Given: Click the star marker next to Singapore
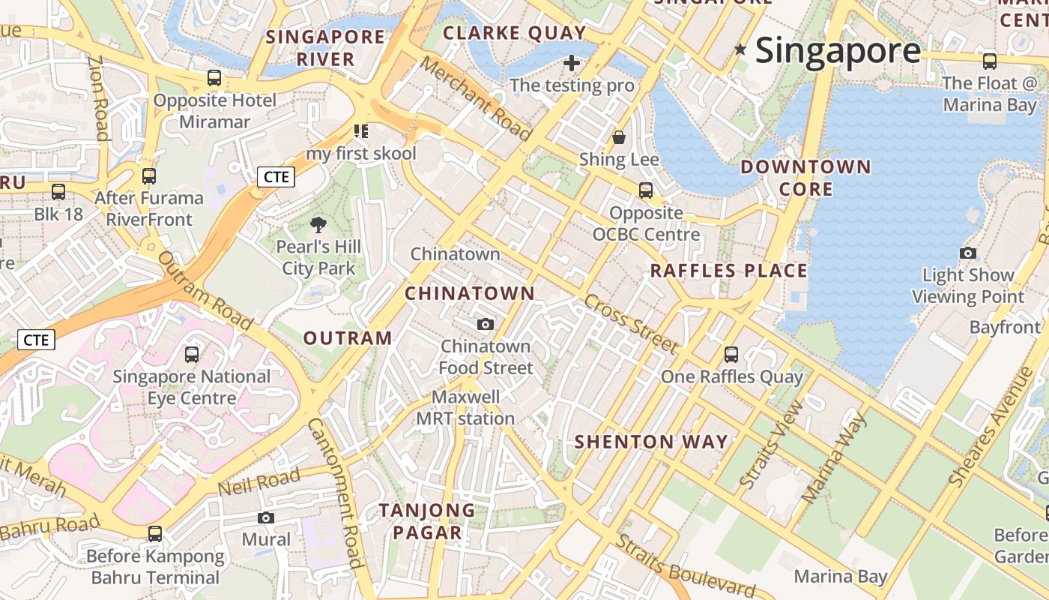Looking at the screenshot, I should pyautogui.click(x=740, y=49).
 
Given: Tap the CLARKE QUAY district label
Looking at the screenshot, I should pyautogui.click(x=514, y=33).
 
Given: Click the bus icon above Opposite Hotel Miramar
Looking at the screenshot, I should pyautogui.click(x=214, y=78).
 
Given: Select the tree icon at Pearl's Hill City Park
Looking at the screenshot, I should pyautogui.click(x=318, y=224).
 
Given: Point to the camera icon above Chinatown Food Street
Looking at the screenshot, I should pyautogui.click(x=486, y=324).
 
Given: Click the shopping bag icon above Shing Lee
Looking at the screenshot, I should pyautogui.click(x=619, y=137).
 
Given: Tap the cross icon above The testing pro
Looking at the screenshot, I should pyautogui.click(x=572, y=63).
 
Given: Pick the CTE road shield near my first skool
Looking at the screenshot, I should pyautogui.click(x=276, y=177).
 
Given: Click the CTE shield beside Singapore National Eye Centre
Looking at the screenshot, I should pyautogui.click(x=36, y=340).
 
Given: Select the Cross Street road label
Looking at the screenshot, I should pyautogui.click(x=631, y=323).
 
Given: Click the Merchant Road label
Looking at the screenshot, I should pyautogui.click(x=475, y=98).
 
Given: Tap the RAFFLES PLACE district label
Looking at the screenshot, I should pyautogui.click(x=728, y=271).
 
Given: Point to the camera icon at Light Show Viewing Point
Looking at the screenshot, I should pyautogui.click(x=968, y=253).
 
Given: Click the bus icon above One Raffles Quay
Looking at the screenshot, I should pyautogui.click(x=731, y=354).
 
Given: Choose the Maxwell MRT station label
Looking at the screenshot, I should pyautogui.click(x=465, y=407).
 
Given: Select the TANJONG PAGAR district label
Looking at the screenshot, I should pyautogui.click(x=427, y=521).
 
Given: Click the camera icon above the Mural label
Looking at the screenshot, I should pyautogui.click(x=266, y=517).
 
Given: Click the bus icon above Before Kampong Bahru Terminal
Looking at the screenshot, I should pyautogui.click(x=155, y=534).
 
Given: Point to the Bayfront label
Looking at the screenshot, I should pyautogui.click(x=1005, y=327).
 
